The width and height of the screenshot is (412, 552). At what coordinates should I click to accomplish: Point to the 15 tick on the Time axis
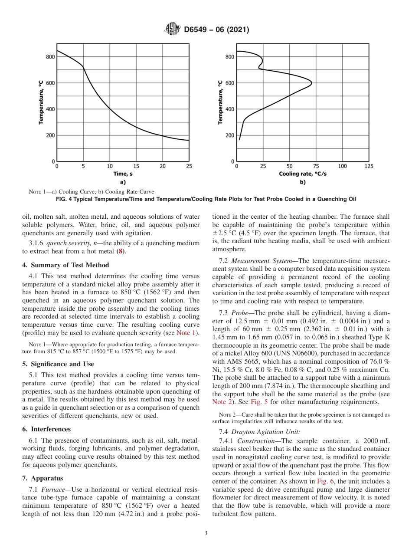pyautogui.click(x=136, y=166)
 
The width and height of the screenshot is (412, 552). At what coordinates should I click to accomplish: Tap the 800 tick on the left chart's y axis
pyautogui.click(x=50, y=57)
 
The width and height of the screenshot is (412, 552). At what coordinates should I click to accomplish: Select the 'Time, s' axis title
pyautogui.click(x=123, y=174)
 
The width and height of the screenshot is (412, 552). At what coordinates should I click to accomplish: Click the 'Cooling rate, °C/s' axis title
pyautogui.click(x=302, y=174)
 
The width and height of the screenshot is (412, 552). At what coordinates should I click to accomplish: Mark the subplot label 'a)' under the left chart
pyautogui.click(x=123, y=182)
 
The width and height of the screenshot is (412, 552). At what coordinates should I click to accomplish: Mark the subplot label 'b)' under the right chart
pyautogui.click(x=302, y=182)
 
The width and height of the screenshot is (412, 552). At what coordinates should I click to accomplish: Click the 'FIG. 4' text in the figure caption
pyautogui.click(x=65, y=199)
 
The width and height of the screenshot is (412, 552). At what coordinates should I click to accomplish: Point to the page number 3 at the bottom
pyautogui.click(x=206, y=533)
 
